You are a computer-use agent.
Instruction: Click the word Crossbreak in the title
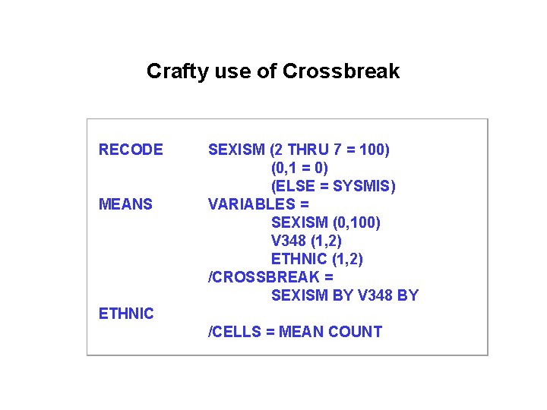(340, 72)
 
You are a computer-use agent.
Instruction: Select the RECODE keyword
(131, 150)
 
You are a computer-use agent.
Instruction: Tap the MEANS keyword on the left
(125, 204)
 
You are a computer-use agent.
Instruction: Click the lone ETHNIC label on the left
(126, 314)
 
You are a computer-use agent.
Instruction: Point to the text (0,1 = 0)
(299, 168)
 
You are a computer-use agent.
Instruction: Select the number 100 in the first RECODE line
(372, 150)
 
